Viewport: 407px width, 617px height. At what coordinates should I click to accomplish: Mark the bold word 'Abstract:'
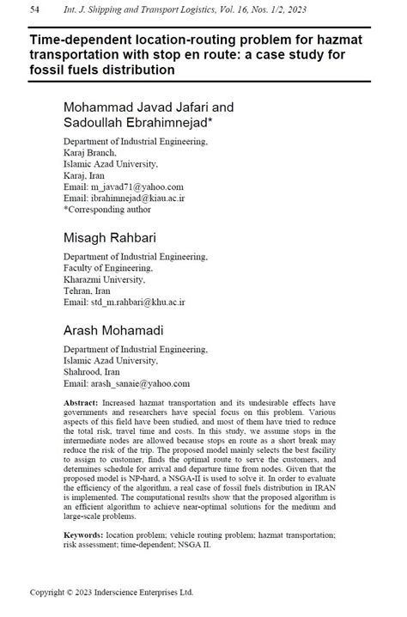(x=82, y=402)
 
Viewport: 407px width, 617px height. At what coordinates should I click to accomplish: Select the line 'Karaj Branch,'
(x=92, y=151)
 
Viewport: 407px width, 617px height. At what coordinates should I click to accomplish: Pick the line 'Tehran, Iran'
(x=88, y=290)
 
